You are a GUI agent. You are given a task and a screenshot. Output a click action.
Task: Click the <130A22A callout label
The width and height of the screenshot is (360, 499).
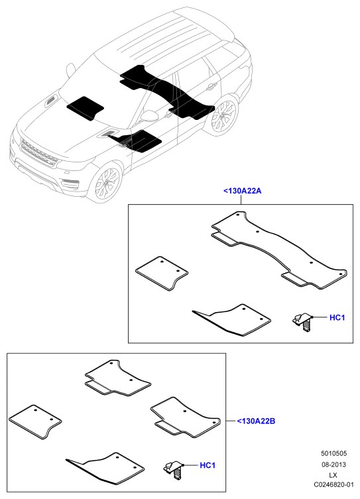(242, 191)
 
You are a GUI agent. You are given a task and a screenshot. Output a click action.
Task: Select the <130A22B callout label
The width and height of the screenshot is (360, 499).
(256, 421)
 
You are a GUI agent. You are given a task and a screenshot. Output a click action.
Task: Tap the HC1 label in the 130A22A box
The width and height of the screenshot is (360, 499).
(337, 317)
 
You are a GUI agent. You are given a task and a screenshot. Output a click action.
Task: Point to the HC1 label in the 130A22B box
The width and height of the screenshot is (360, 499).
(208, 465)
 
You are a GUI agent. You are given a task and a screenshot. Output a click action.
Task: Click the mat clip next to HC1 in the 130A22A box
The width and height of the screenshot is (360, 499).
(303, 322)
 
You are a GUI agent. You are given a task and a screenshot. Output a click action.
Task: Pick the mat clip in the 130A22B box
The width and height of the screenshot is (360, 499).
(174, 471)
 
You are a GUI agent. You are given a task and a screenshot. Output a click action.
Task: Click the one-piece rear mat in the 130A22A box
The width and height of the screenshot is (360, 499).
(279, 250)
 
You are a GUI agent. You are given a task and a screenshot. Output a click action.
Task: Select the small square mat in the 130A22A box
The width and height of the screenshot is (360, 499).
(161, 273)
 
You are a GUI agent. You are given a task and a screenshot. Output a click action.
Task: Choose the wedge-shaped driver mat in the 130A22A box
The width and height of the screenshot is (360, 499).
(232, 320)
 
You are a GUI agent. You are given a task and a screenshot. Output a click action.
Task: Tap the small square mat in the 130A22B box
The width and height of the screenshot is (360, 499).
(35, 421)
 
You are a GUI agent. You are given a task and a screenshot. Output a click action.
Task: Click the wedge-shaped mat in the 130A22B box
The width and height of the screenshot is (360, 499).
(105, 468)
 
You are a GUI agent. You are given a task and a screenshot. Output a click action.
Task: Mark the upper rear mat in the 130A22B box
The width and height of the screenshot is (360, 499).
(117, 378)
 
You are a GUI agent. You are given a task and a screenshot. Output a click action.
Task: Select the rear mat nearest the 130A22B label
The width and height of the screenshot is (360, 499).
(185, 417)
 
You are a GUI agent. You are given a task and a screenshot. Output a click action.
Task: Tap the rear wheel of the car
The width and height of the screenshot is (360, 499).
(223, 115)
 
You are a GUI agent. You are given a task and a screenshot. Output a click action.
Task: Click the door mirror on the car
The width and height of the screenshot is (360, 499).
(149, 115)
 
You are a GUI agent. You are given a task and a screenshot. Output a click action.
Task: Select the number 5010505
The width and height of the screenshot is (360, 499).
(333, 453)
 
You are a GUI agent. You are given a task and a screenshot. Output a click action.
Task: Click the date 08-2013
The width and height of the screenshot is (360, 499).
(333, 465)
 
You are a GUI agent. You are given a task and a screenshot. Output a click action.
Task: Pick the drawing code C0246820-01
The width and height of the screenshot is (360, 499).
(333, 484)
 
